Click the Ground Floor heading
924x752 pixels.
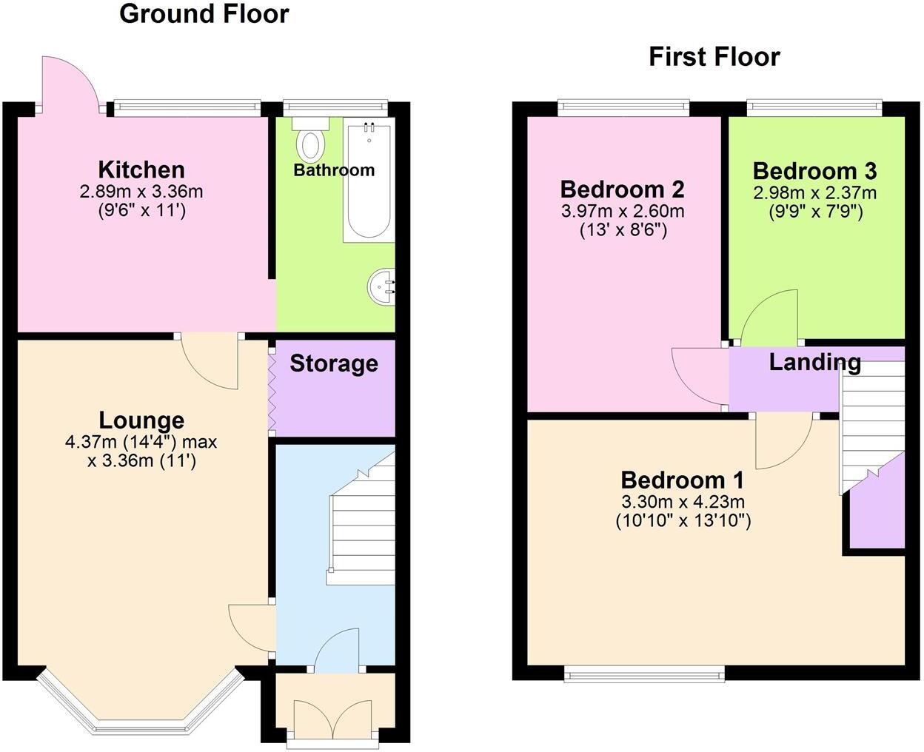tap(204, 14)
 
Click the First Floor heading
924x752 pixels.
tap(714, 57)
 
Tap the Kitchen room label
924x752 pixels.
tap(141, 169)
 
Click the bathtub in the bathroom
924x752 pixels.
tap(368, 181)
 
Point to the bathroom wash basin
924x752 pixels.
tap(383, 285)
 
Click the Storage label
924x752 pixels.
tap(333, 363)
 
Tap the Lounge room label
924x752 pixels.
tap(141, 420)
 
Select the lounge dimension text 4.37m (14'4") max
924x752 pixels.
tap(141, 443)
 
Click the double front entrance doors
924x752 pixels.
tap(332, 718)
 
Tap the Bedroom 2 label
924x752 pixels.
tap(622, 189)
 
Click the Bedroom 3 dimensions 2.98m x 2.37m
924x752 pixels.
tap(814, 193)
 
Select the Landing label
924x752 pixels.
tap(814, 362)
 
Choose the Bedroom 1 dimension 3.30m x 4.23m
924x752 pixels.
tap(683, 502)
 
